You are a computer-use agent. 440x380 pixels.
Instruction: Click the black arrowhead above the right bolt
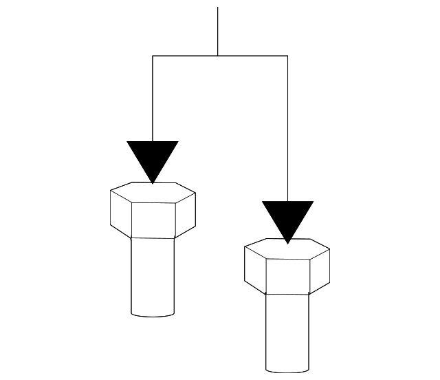tap(287, 217)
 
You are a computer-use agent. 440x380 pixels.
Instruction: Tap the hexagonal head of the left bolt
tap(153, 210)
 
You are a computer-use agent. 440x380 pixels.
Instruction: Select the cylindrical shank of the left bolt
tap(153, 275)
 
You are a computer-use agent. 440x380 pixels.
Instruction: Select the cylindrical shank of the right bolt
tap(287, 330)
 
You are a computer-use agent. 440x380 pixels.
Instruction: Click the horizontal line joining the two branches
tap(186, 55)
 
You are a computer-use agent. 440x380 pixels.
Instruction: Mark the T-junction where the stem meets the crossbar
tap(218, 55)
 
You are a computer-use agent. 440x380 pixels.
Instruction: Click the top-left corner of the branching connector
tap(153, 55)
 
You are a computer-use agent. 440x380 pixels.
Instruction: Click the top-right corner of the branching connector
tap(287, 55)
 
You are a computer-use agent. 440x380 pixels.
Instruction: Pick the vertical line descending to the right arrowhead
tap(287, 131)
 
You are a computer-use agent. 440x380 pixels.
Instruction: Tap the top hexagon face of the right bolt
tap(287, 249)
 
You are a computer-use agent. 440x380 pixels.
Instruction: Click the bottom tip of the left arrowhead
tap(153, 182)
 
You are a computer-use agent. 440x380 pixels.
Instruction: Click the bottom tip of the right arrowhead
tap(287, 242)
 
